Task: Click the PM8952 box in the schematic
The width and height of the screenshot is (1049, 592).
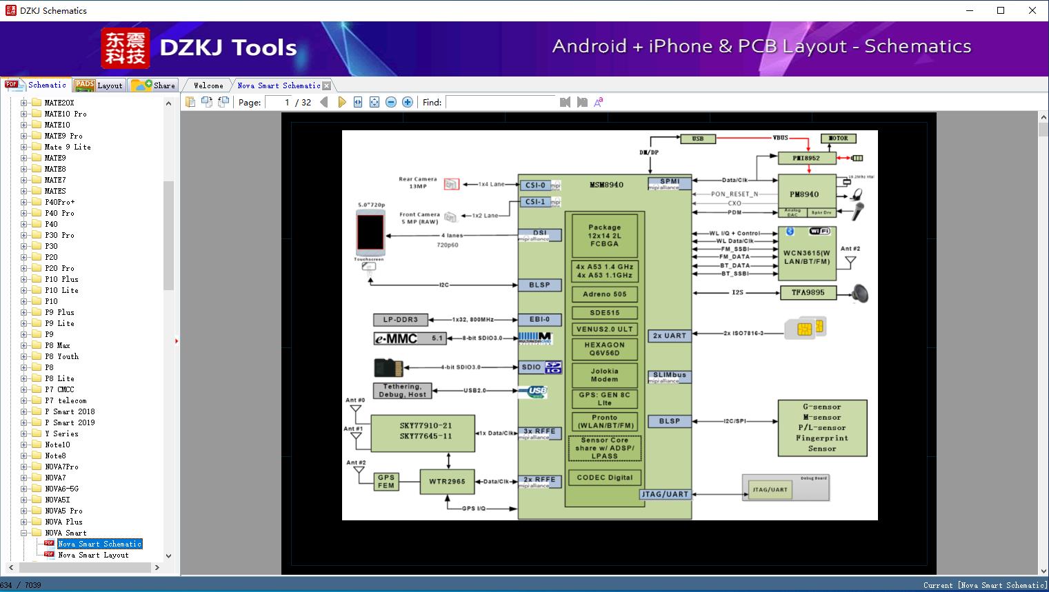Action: click(x=806, y=158)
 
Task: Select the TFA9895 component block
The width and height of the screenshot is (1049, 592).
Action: click(x=808, y=293)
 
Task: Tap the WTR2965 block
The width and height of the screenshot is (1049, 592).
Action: click(x=447, y=482)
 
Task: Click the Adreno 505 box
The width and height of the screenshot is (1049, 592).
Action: click(x=604, y=294)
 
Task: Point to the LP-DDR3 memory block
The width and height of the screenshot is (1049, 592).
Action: click(x=401, y=320)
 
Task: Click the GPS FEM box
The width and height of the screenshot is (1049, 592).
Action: click(x=386, y=481)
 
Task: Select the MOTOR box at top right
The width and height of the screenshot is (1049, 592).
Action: click(x=838, y=139)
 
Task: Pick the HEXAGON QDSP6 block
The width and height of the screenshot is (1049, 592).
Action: click(x=604, y=349)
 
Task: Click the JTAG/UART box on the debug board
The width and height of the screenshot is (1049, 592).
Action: click(x=770, y=490)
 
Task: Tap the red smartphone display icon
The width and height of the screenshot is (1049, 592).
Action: click(x=370, y=232)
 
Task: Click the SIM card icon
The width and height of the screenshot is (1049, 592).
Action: click(x=805, y=328)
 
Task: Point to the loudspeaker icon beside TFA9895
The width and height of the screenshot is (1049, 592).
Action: click(x=859, y=294)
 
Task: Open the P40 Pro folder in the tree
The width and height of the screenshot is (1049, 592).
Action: click(x=59, y=213)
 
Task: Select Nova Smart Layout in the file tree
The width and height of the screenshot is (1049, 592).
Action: click(x=93, y=555)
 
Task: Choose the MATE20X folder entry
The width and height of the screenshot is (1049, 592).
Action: click(x=59, y=103)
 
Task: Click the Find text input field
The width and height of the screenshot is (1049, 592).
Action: click(x=500, y=102)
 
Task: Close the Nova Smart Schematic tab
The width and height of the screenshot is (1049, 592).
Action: click(x=327, y=85)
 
